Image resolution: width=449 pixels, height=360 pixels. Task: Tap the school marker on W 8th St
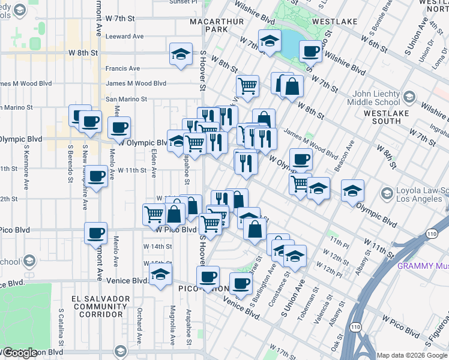click(x=181, y=54)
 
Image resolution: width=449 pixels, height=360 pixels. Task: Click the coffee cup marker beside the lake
click(x=310, y=52)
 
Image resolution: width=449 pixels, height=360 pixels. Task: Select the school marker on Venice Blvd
click(x=160, y=275)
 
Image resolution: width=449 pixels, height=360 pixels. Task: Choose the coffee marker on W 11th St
click(x=96, y=176)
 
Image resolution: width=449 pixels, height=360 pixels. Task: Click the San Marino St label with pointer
click(x=126, y=99)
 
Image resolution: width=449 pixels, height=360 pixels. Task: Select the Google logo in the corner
click(x=21, y=352)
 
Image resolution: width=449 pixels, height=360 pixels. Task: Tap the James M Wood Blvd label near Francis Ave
click(x=136, y=84)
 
